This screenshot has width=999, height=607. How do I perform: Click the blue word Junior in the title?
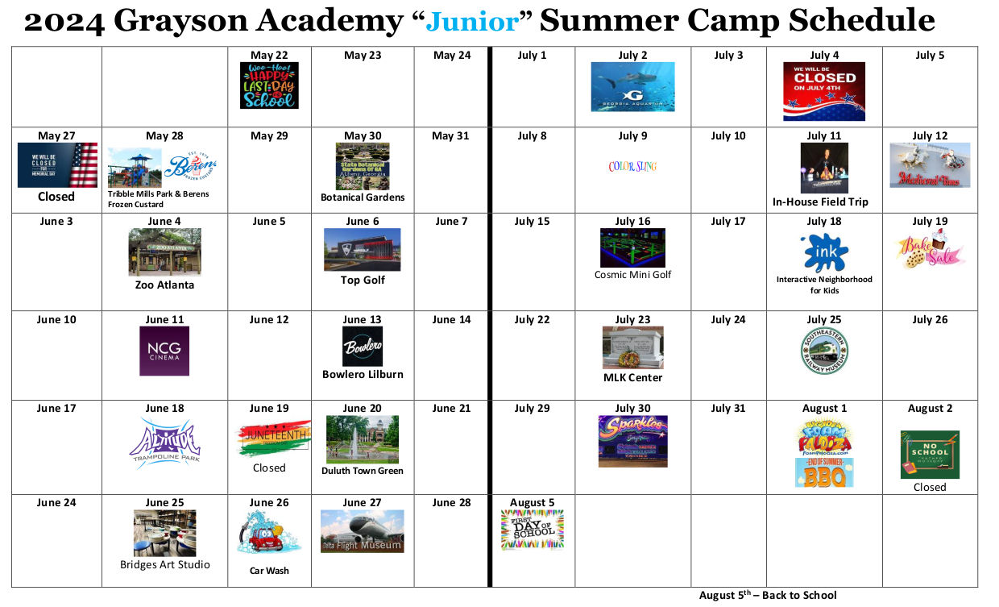[473, 21]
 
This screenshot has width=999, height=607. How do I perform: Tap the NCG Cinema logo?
[164, 351]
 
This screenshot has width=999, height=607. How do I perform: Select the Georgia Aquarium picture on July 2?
[632, 87]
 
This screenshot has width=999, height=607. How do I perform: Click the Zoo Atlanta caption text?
[164, 285]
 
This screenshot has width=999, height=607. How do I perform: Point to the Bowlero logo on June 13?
[363, 347]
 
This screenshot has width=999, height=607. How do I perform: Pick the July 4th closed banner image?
[824, 91]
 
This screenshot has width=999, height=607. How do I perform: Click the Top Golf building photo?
[362, 250]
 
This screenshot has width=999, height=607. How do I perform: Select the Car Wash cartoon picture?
[268, 534]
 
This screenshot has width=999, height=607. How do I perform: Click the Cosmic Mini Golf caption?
[632, 275]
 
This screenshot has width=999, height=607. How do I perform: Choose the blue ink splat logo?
[824, 253]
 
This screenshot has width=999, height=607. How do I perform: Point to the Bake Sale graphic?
[930, 251]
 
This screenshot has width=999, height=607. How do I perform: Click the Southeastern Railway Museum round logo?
[824, 351]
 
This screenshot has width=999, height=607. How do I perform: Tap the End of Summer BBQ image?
[824, 473]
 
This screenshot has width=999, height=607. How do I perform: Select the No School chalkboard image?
[930, 455]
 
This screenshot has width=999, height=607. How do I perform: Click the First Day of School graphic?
[532, 530]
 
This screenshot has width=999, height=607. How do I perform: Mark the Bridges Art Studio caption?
[164, 564]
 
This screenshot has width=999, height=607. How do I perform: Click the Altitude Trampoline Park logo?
[164, 443]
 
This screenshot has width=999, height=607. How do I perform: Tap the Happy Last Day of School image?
[269, 85]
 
